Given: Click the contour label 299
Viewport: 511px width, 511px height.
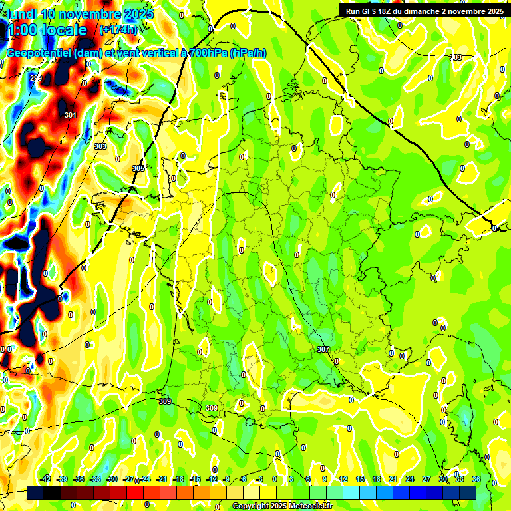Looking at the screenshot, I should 35,79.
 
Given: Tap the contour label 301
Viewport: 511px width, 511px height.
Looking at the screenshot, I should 70,115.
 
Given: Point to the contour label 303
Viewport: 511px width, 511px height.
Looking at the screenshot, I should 100,146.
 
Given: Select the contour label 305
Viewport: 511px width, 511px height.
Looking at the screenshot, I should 138,168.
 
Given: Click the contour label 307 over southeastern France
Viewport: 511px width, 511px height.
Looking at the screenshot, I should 323,349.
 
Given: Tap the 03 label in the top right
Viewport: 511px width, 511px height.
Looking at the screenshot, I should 457,58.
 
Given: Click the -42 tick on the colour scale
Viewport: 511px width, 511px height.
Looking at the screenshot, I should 46,479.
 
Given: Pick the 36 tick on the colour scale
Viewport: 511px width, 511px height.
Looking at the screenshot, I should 476,479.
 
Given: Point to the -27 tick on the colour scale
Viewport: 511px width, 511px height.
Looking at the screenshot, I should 128,479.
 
